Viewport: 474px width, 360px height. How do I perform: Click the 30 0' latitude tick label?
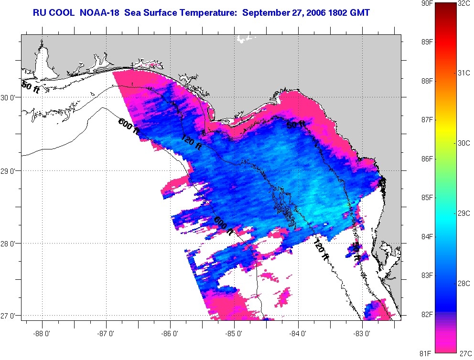click(10, 97)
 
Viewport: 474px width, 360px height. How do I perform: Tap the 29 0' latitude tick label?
click(10, 170)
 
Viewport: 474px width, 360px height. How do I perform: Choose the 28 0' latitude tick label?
click(10, 244)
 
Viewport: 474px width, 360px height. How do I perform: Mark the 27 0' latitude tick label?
click(10, 316)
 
